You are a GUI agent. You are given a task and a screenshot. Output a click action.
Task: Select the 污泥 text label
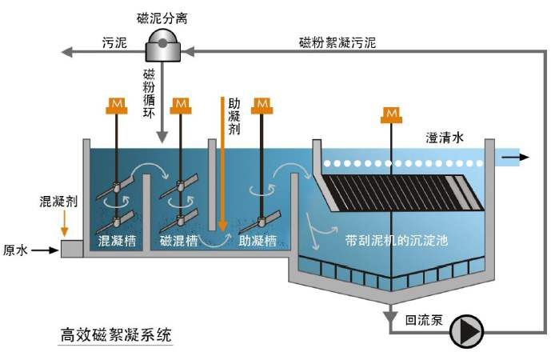(115, 42)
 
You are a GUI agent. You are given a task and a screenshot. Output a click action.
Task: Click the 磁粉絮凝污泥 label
(340, 42)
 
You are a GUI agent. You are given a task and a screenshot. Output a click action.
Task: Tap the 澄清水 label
(445, 138)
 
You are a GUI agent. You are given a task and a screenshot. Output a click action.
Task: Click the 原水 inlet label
(16, 250)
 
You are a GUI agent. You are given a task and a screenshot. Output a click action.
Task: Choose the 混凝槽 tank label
(116, 240)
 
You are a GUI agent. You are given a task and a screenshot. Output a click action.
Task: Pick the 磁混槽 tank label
(179, 240)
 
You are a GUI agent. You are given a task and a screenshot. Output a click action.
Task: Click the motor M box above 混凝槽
(117, 104)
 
